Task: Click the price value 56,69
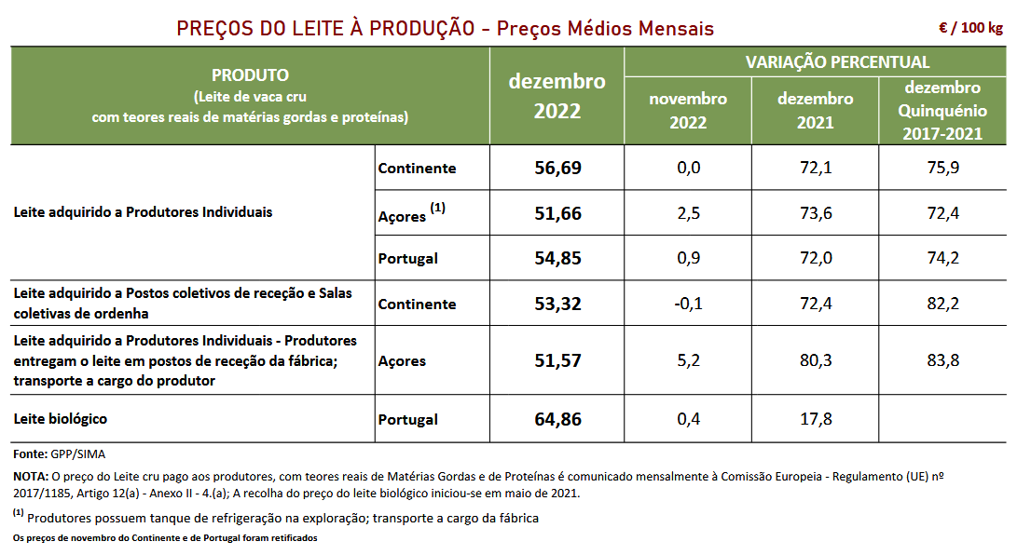(557, 168)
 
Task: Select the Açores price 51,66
(557, 213)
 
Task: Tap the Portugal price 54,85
(557, 258)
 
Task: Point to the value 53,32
(557, 304)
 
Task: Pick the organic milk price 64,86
(557, 419)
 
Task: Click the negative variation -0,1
(688, 304)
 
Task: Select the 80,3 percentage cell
(816, 360)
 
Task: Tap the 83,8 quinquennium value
(942, 360)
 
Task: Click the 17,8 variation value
(816, 419)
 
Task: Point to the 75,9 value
(942, 168)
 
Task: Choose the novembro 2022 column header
(688, 110)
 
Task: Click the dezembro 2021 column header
(816, 110)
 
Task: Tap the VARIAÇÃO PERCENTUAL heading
(837, 62)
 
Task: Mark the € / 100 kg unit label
(971, 27)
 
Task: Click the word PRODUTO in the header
(250, 74)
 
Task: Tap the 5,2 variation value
(688, 360)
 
